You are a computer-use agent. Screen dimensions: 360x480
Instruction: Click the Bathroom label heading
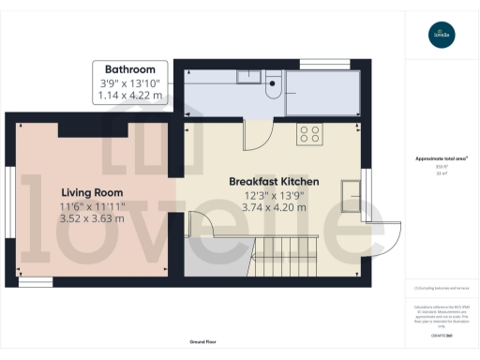pos(129,69)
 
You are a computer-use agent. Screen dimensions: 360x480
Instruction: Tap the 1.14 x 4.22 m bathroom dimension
pos(129,95)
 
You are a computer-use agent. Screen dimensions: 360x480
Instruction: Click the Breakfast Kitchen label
pos(275,181)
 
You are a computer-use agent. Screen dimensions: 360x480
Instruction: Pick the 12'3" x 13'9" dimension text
pos(275,195)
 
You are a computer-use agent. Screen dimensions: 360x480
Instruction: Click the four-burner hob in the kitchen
pos(309,134)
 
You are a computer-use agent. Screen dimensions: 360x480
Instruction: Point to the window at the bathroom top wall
pos(318,64)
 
